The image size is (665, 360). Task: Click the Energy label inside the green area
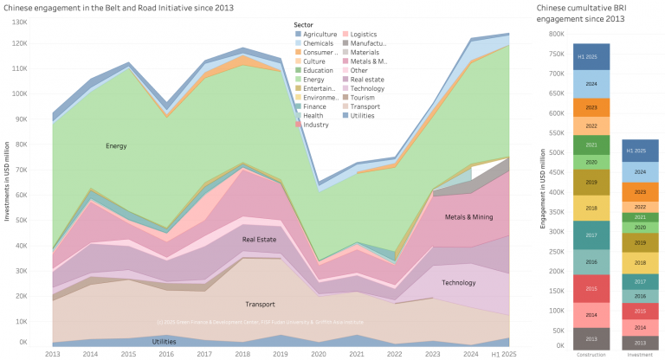(x=116, y=146)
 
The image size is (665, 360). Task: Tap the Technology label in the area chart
(x=458, y=283)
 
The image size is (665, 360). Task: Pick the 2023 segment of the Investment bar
(x=641, y=191)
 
